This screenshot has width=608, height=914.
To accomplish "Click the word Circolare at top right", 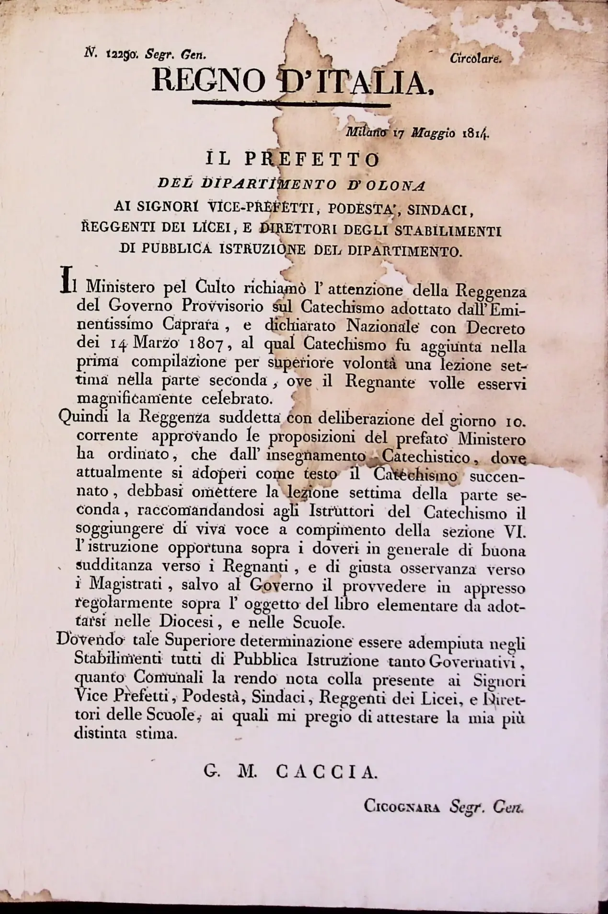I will click(475, 59).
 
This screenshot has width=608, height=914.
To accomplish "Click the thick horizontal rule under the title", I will click(290, 102).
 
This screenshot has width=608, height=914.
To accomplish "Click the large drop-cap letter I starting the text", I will click(65, 281).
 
